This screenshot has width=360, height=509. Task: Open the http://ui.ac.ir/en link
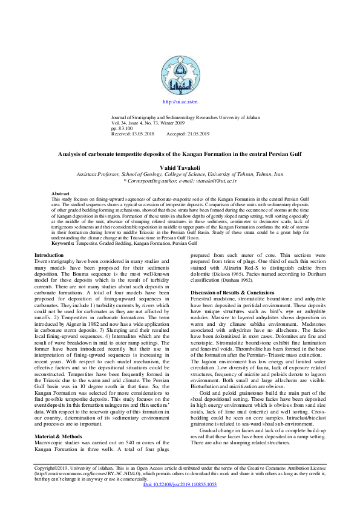pyautogui.click(x=180, y=103)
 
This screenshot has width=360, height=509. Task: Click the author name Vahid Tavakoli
pyautogui.click(x=180, y=166)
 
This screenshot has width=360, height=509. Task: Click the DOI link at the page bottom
pyautogui.click(x=180, y=502)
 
